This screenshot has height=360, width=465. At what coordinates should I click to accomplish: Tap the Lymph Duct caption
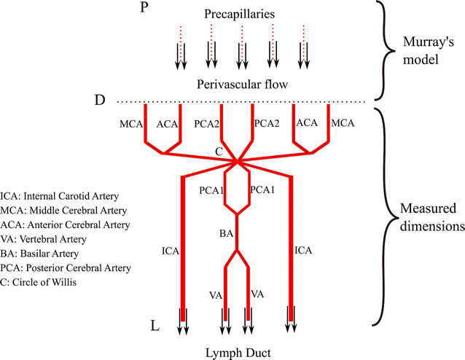click(236, 353)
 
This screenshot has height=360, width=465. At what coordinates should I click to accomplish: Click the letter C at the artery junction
click(218, 151)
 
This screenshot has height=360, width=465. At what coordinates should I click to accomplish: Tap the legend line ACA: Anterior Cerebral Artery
click(66, 224)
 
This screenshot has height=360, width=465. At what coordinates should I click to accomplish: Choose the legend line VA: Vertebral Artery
click(44, 238)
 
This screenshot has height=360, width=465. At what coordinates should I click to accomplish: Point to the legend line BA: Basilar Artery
click(42, 253)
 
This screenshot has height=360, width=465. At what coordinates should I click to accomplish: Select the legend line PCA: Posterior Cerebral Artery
click(66, 267)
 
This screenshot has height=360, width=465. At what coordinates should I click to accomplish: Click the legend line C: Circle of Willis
click(41, 282)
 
